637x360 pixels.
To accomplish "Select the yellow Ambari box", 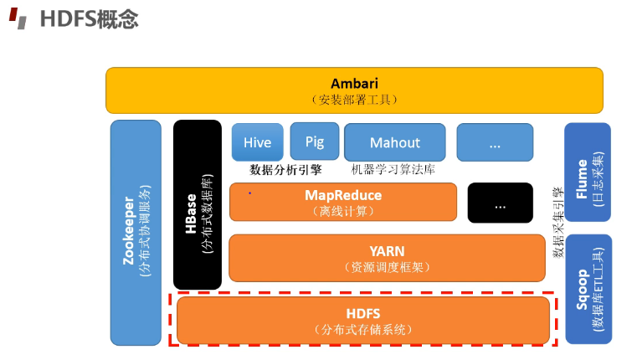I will coord(354,90).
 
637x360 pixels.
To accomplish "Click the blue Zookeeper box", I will coord(136,232).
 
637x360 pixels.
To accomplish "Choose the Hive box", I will coord(257,141).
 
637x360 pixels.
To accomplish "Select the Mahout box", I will coord(394,141).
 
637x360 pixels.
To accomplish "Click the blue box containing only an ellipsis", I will coord(494,142).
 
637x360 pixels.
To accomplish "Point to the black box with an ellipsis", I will coord(500,203).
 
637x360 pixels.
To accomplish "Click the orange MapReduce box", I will coord(343,202).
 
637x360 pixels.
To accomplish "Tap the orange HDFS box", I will coord(362,320).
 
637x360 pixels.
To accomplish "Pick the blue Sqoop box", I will coord(588,289).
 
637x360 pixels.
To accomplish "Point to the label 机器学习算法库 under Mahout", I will coord(393,169).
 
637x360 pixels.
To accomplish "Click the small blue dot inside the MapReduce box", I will coord(249,193).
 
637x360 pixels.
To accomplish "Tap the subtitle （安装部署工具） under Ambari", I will coord(354,100).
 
